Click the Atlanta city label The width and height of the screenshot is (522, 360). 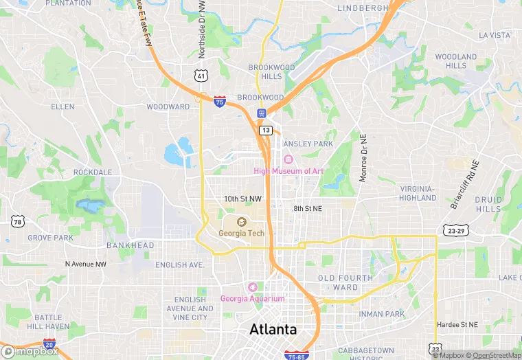click(273, 329)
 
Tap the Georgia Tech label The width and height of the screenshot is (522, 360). click(241, 233)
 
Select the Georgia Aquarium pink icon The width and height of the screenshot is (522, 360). click(252, 286)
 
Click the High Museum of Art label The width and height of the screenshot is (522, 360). click(288, 171)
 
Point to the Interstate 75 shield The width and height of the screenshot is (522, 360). click(219, 102)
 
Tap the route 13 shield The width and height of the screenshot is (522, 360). click(266, 130)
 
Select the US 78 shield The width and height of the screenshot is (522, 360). click(18, 221)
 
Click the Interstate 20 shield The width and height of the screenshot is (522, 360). click(49, 344)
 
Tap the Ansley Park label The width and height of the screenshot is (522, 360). click(308, 144)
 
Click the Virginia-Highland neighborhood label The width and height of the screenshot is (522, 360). click(418, 193)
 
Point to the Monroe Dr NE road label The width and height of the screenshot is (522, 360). click(363, 157)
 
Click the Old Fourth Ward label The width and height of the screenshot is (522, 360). click(345, 282)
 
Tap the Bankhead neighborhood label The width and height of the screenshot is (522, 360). click(130, 245)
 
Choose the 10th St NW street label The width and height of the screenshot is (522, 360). click(242, 199)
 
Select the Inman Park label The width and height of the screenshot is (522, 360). click(385, 314)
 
